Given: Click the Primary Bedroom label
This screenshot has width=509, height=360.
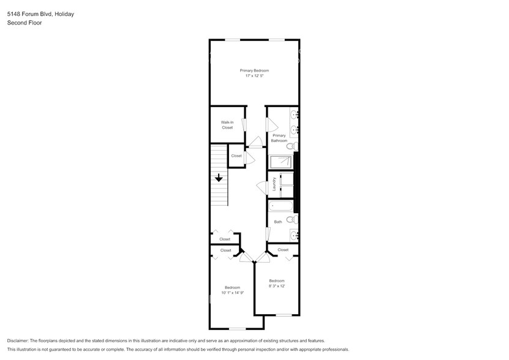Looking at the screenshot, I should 254,70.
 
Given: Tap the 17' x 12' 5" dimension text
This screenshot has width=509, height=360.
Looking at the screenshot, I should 254,76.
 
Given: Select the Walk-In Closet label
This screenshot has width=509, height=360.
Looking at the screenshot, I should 227,125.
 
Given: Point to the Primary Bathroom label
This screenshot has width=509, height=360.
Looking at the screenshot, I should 279,138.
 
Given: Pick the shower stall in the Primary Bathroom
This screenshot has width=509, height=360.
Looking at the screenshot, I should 282,162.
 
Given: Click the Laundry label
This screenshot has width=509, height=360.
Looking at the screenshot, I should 274,185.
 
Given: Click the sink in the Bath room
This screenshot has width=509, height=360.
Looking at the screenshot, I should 293,235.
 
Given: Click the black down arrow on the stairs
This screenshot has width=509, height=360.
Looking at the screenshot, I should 219,178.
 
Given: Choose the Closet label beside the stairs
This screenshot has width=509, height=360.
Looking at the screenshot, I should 236,156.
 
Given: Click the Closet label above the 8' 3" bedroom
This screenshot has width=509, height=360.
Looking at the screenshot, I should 282,250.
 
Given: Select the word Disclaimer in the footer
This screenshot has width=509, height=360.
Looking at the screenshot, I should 21,340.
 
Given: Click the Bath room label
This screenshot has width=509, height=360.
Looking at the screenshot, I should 278,222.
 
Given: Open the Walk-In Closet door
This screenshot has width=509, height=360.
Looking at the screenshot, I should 244,125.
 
